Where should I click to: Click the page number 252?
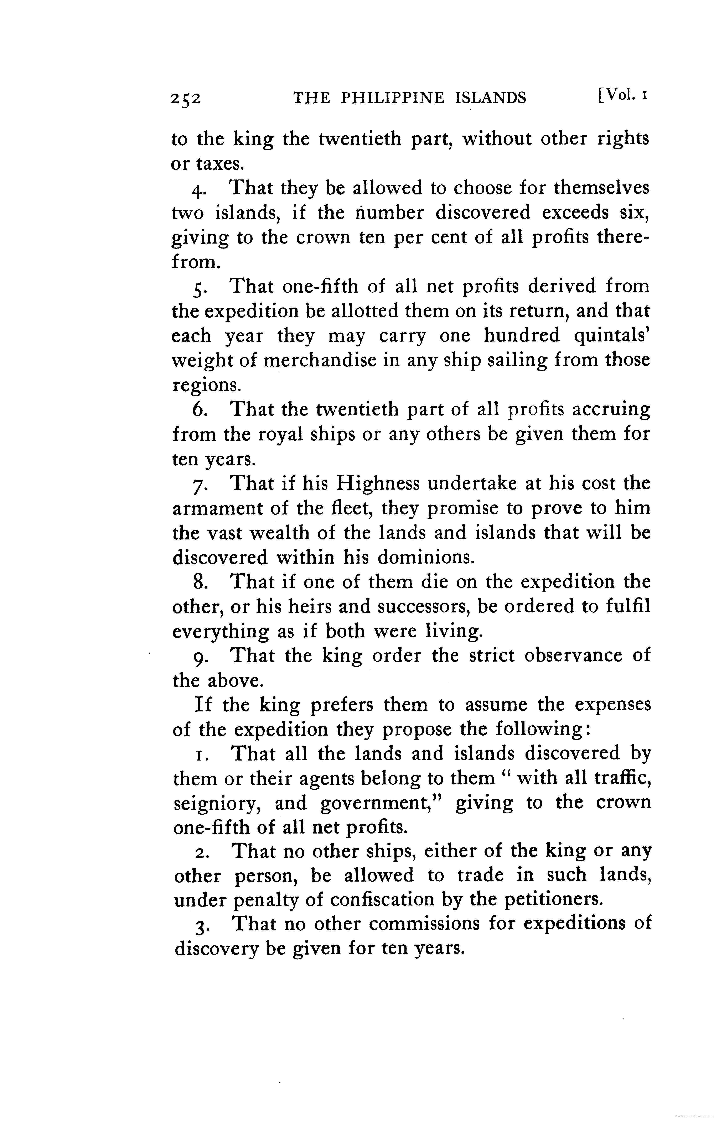click(x=185, y=98)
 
